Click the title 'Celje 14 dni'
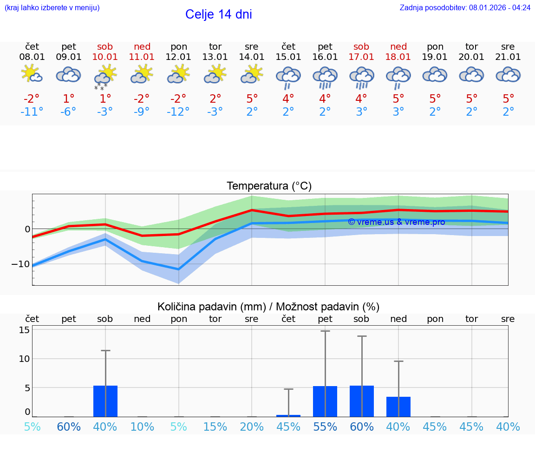point(218,14)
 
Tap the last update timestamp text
point(465,8)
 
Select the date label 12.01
point(179,57)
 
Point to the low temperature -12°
point(179,112)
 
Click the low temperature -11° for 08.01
point(32,112)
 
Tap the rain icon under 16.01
point(325,77)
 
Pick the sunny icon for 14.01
point(252,74)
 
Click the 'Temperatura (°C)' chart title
point(269,186)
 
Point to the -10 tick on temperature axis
point(21,264)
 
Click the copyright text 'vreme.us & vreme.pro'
point(396,222)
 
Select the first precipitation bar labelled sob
point(105,401)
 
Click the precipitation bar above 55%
point(325,401)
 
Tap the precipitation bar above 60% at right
point(361,401)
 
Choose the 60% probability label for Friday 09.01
point(69,427)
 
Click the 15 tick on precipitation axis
point(24,330)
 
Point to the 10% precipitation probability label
point(142,427)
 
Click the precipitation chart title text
point(268,307)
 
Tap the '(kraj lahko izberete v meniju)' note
point(52,8)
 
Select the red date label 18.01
point(398,57)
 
